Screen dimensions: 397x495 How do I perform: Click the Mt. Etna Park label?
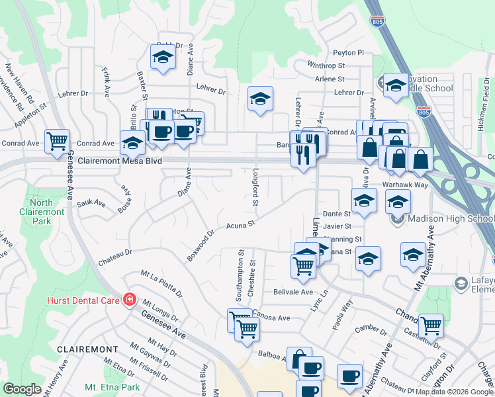[112, 387]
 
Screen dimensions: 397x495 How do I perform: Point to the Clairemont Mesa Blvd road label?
[120, 161]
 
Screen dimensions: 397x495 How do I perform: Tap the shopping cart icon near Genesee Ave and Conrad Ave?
[58, 140]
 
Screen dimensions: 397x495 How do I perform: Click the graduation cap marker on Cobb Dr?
[162, 58]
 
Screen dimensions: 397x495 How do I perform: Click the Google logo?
[22, 389]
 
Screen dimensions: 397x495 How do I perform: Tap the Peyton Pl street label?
[349, 52]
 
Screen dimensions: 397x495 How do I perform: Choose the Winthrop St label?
[326, 66]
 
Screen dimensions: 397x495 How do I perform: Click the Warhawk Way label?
[404, 185]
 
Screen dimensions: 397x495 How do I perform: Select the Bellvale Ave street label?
[292, 292]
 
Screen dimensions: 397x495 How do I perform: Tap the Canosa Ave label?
[271, 318]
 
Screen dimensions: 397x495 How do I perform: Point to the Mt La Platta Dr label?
[161, 283]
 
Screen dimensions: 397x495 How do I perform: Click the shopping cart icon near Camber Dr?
[431, 325]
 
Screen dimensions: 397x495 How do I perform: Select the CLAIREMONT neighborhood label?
[87, 349]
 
